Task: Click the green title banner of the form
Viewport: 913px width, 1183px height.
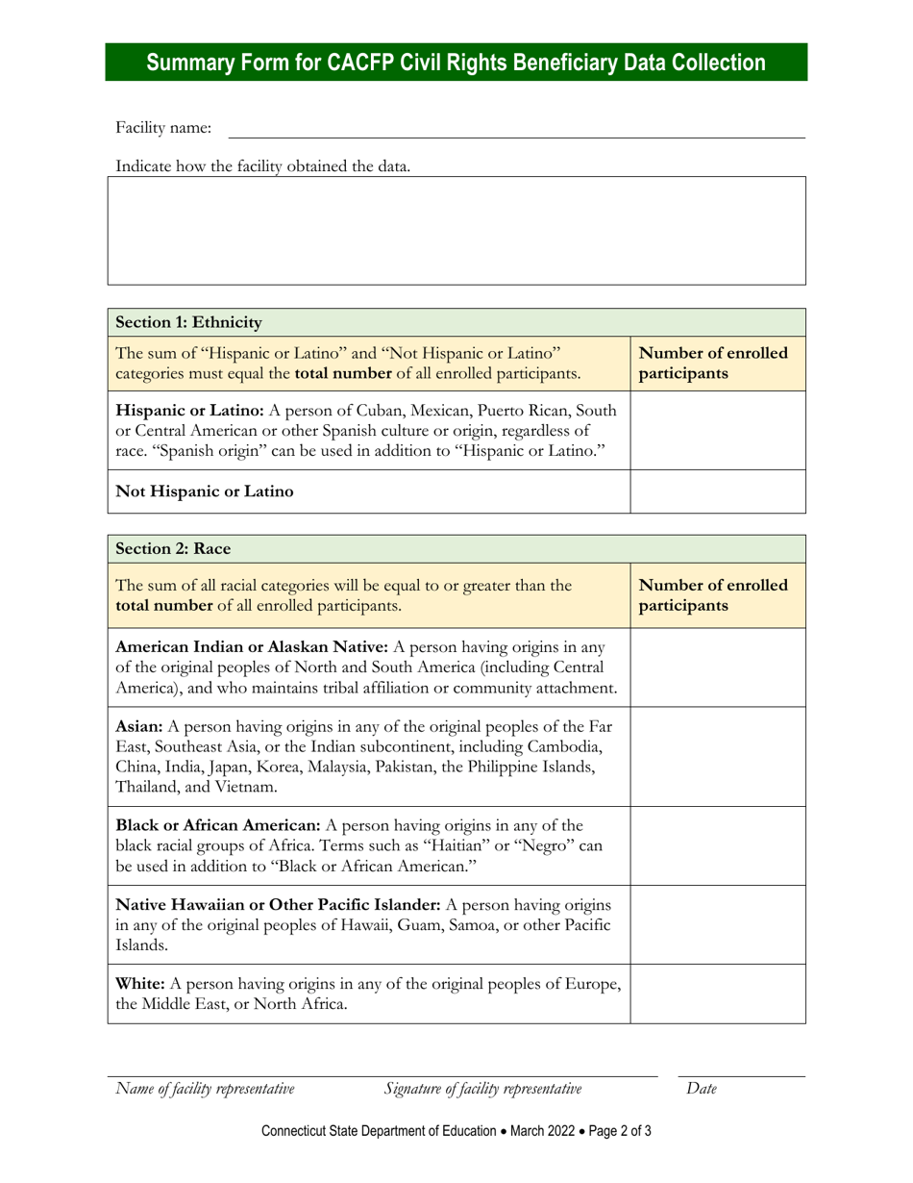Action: [x=456, y=63]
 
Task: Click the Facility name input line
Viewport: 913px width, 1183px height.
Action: [x=516, y=129]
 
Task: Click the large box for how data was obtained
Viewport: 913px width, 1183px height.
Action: [x=456, y=230]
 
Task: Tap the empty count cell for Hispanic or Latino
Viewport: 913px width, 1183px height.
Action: [x=717, y=430]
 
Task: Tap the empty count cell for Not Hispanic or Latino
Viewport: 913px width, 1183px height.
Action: [x=717, y=491]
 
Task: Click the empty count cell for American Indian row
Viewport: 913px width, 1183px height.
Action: [x=717, y=667]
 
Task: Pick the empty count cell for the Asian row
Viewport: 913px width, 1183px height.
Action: [x=717, y=756]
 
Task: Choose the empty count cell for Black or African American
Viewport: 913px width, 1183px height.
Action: [x=717, y=845]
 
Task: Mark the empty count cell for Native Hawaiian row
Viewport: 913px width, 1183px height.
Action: [x=717, y=924]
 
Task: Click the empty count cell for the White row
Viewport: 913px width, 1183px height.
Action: [x=717, y=994]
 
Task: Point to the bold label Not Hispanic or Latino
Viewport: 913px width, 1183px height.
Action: [x=205, y=491]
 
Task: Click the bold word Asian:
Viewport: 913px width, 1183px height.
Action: [x=140, y=723]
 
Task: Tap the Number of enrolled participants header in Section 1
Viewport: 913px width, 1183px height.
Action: [x=713, y=363]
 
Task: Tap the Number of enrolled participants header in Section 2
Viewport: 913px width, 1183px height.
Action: [x=713, y=595]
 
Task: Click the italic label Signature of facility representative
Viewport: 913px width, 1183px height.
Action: [x=482, y=1089]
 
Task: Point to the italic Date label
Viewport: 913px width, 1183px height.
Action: [x=702, y=1089]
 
